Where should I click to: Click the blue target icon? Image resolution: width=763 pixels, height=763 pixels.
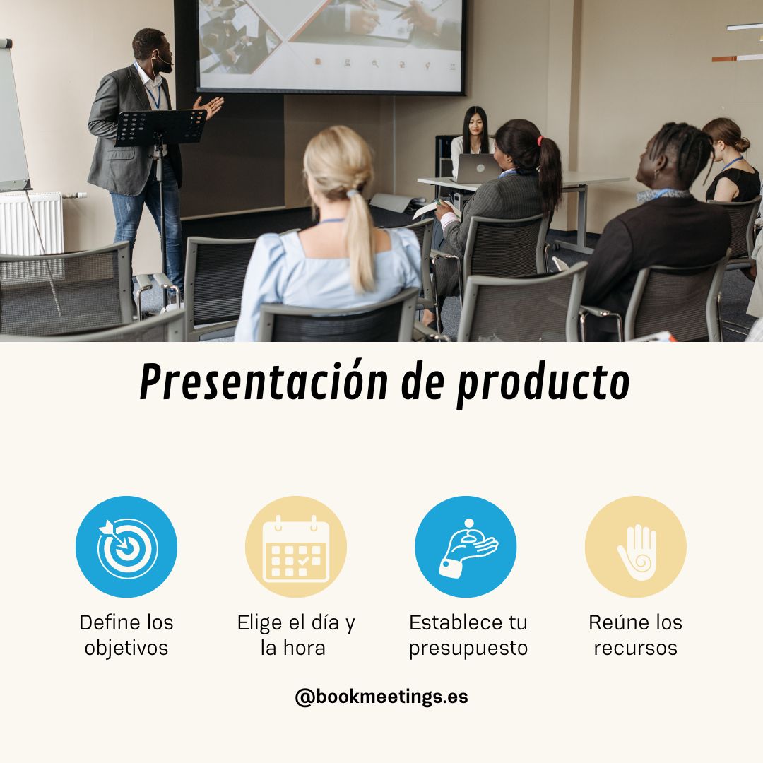[126, 547]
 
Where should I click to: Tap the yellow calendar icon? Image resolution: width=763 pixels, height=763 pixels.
[296, 547]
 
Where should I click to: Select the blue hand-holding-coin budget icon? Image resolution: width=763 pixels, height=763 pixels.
[466, 547]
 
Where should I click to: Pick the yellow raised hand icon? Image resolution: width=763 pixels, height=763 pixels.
[636, 547]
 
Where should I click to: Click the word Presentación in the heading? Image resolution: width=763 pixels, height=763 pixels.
[264, 383]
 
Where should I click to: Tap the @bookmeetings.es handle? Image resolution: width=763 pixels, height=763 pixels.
[381, 697]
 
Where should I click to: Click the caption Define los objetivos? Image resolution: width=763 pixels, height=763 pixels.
[126, 635]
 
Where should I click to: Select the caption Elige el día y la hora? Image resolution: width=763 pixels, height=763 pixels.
[296, 635]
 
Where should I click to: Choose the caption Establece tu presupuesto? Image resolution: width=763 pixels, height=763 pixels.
[468, 635]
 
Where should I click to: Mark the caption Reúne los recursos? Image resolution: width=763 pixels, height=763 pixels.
[636, 635]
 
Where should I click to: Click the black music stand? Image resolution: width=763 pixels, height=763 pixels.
[161, 128]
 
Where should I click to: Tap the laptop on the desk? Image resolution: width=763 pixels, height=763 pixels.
[478, 169]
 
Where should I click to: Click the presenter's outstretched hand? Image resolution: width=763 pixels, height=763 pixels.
[211, 106]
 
